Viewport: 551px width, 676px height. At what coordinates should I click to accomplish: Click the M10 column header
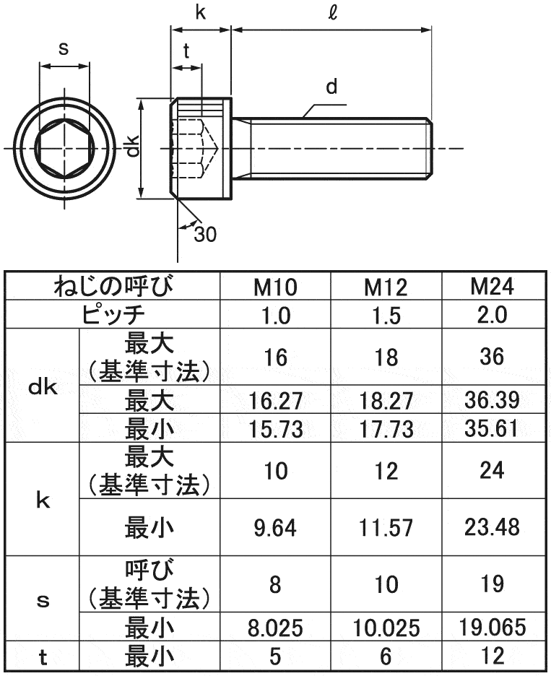(274, 287)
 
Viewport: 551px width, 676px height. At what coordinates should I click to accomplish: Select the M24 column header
(493, 287)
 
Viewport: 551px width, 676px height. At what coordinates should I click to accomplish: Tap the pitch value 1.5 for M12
(386, 316)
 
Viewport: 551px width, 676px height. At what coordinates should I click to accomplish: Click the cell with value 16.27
(274, 401)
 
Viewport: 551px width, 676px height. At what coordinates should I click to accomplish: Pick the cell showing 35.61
(493, 428)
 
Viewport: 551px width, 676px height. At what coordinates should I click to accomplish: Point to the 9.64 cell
(274, 528)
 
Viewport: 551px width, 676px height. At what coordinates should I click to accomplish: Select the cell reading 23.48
(493, 527)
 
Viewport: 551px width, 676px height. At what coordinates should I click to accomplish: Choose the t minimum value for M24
(493, 656)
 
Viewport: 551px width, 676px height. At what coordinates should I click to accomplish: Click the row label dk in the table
(42, 386)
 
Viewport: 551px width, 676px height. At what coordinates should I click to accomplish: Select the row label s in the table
(42, 599)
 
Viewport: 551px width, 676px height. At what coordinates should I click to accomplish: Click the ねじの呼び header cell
(114, 287)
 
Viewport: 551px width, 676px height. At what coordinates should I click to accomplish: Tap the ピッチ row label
(114, 315)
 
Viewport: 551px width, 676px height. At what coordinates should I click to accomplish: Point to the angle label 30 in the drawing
(205, 234)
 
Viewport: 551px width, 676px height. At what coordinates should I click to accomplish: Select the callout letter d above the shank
(331, 88)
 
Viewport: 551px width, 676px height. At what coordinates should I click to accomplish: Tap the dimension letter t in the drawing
(186, 51)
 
